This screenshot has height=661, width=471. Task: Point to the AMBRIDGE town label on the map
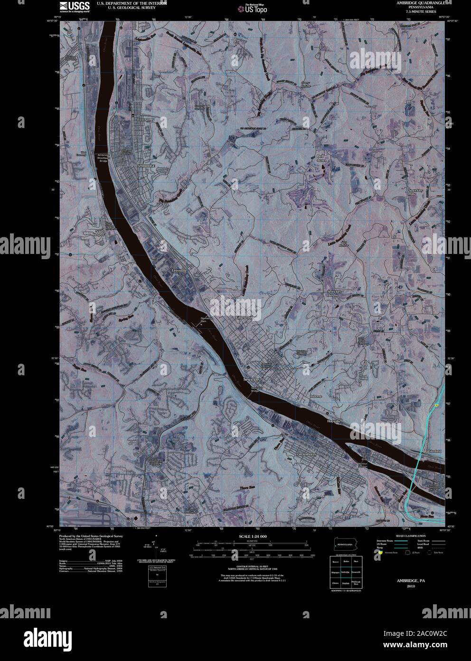tap(146, 165)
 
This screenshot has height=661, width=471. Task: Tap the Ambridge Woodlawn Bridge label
tap(104, 158)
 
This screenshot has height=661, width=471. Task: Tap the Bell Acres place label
tap(322, 158)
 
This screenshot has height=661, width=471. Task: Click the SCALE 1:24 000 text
tap(253, 536)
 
